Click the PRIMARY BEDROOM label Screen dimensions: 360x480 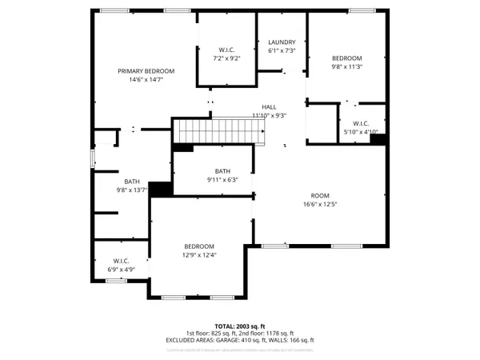[x=146, y=71]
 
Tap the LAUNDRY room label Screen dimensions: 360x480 [x=282, y=42]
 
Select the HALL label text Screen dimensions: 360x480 [x=270, y=107]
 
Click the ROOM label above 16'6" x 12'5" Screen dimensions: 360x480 [x=320, y=195]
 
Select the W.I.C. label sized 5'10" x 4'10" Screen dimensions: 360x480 [x=360, y=123]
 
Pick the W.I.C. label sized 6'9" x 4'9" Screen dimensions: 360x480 [x=121, y=261]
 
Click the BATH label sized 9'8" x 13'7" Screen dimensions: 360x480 [x=132, y=182]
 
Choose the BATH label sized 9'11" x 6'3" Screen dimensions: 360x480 [x=222, y=171]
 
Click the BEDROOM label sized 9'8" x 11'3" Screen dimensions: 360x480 [x=347, y=58]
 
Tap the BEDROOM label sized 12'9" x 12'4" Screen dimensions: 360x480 [x=199, y=246]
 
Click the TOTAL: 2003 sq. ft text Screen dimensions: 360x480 [x=240, y=326]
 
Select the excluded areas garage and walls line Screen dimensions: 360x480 [x=240, y=339]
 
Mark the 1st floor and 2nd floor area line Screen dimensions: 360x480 [x=240, y=333]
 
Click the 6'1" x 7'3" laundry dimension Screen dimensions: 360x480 [x=282, y=50]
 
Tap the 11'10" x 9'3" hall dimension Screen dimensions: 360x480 [x=270, y=115]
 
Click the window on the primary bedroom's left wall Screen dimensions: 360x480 [x=93, y=158]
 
